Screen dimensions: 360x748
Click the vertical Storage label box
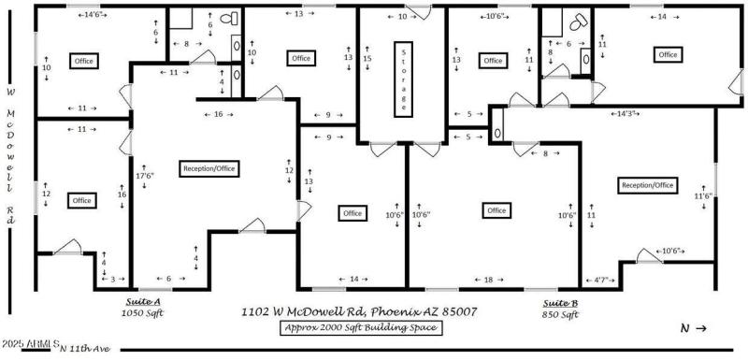tap(403, 78)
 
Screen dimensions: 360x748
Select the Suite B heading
tap(561, 303)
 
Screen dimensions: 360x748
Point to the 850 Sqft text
tap(561, 315)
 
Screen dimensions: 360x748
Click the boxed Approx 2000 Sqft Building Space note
tap(360, 327)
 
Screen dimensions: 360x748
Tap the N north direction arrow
tap(693, 327)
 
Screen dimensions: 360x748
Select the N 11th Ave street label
tap(84, 350)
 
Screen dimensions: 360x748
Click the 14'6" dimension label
tap(93, 15)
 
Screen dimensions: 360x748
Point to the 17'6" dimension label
tap(144, 175)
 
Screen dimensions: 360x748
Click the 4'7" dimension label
tap(602, 280)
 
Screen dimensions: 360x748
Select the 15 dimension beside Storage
tap(367, 58)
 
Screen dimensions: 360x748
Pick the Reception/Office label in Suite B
tap(647, 185)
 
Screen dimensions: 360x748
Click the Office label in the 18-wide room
tap(496, 210)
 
